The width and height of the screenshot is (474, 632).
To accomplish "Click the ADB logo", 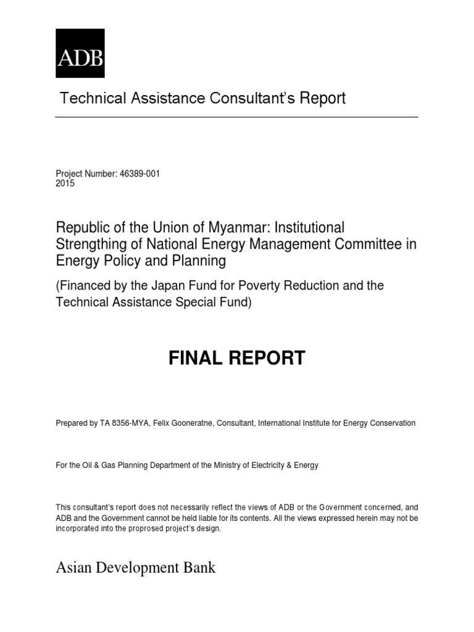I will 80,53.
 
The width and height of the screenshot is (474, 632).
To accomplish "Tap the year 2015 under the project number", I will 65,183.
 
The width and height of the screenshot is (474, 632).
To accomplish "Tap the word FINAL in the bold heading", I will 198,358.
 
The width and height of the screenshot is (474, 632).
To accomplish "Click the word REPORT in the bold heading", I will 269,358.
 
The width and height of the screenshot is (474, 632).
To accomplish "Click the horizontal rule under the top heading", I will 237,117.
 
